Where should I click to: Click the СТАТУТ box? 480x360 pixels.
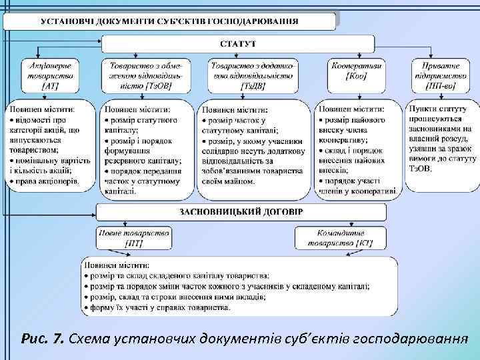point(238,44)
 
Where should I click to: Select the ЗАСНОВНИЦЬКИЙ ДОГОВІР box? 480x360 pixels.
point(241,213)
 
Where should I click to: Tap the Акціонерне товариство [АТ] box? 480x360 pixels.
point(51,75)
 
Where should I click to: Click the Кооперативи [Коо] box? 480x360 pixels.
point(357,71)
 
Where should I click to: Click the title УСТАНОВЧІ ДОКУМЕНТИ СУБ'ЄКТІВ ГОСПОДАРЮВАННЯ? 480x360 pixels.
point(169,21)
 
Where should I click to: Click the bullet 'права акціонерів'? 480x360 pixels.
point(47,180)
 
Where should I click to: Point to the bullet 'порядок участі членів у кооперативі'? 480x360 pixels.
point(357,185)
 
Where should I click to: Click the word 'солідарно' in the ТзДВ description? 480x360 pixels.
point(221,151)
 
